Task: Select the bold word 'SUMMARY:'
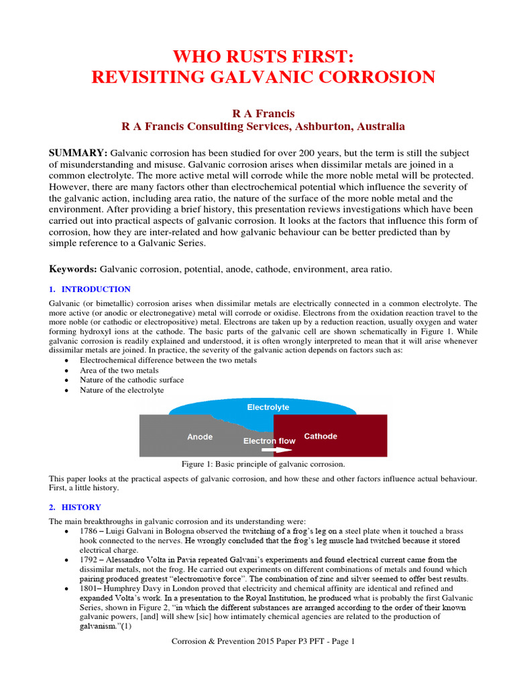coord(78,153)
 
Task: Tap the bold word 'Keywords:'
coord(73,269)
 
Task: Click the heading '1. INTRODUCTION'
coord(90,289)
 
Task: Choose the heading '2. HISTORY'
coord(75,507)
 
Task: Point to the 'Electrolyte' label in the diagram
coord(268,407)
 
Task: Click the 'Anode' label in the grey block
coord(200,437)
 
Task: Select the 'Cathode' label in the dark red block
coord(321,436)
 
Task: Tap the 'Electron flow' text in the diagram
coord(269,441)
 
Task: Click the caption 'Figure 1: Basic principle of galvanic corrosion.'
coord(264,464)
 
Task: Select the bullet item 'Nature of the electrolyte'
coord(122,390)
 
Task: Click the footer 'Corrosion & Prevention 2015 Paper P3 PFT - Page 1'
coord(263,641)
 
